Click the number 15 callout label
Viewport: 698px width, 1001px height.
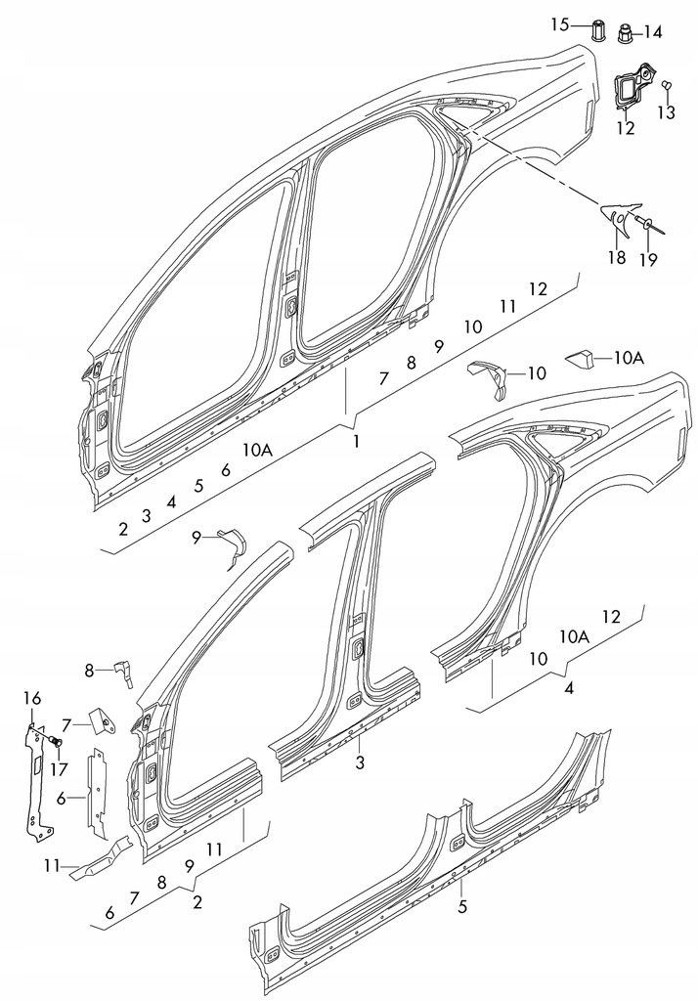tap(559, 24)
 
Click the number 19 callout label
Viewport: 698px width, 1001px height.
tap(649, 260)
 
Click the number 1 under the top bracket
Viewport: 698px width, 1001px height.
tap(357, 442)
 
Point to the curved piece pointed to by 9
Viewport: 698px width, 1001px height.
tap(235, 544)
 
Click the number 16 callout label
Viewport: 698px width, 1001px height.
tap(32, 698)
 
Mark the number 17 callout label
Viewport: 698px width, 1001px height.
tap(59, 769)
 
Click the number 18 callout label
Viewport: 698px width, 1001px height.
tap(616, 259)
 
